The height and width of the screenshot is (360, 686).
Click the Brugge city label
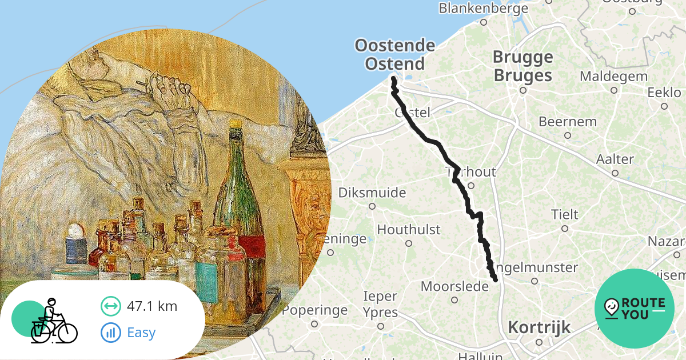523,57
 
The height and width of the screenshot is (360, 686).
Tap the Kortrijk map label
539,327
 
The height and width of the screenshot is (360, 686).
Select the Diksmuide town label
372,193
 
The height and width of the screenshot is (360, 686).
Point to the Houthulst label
408,230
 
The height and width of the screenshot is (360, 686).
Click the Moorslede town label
454,286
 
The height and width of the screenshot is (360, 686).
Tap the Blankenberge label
483,9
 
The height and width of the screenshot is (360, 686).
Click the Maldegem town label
613,77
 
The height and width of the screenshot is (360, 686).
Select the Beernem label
567,122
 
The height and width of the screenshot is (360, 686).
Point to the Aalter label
615,159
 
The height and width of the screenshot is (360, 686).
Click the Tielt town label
564,215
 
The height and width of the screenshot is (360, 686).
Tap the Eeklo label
664,93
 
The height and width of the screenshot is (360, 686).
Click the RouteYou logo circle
634,309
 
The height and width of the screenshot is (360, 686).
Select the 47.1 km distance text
151,306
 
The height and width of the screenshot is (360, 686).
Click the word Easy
141,332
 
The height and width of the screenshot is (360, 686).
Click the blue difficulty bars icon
111,332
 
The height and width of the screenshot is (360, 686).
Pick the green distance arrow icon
111,306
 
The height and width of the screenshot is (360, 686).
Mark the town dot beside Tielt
564,229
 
